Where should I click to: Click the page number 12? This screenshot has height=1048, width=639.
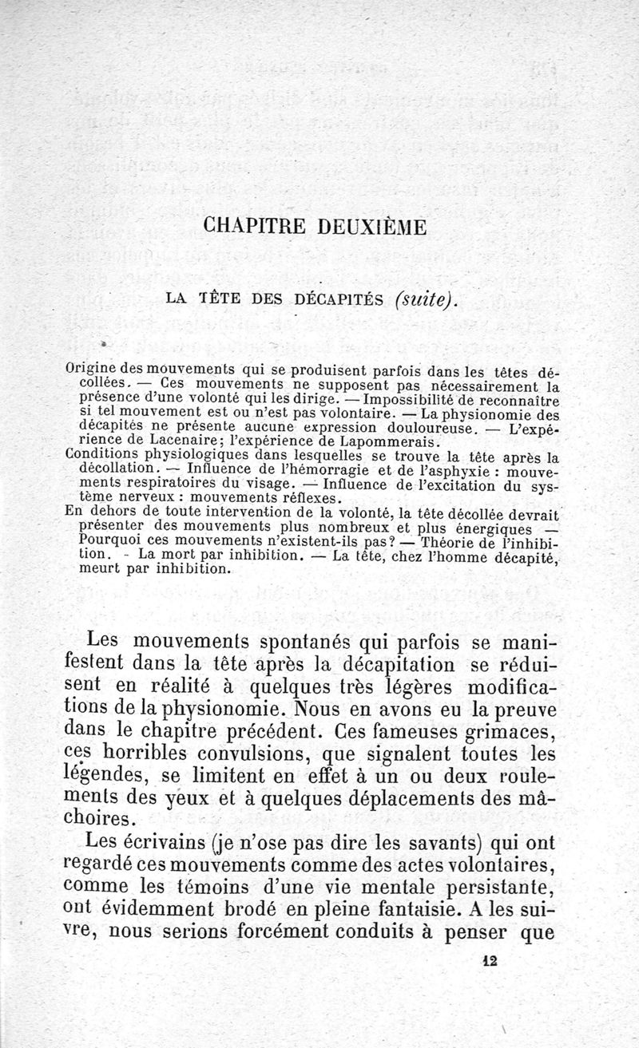(490, 962)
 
